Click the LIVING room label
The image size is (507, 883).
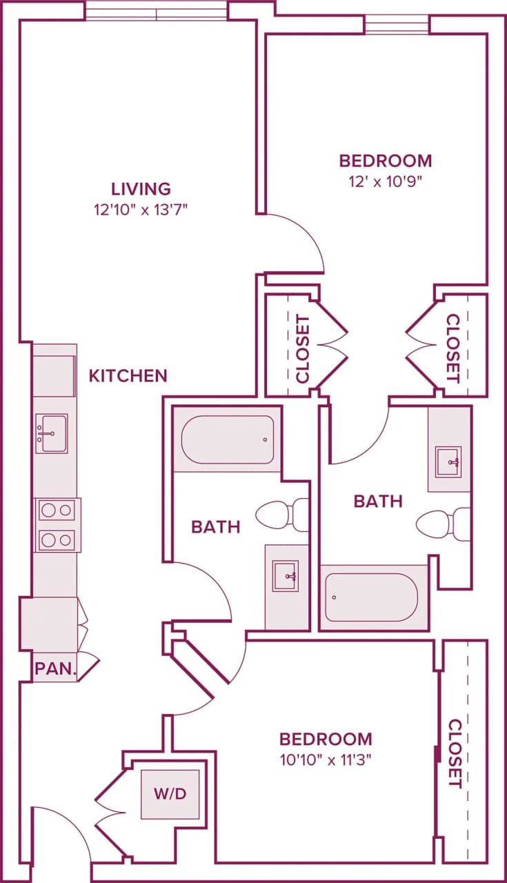point(141,188)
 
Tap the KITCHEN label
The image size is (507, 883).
point(128,375)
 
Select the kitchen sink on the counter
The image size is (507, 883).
point(52,433)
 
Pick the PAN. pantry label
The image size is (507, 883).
point(55,668)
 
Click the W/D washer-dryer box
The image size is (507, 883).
point(170,794)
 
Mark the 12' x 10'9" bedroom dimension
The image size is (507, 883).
point(385,182)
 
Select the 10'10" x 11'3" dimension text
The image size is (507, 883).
point(325,760)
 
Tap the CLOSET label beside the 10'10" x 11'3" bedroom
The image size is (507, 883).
point(455,753)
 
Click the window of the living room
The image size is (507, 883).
point(157,12)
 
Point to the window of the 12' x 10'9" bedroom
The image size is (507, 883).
point(397,25)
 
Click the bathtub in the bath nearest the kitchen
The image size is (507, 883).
point(227,439)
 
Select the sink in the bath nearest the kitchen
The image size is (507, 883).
point(286,576)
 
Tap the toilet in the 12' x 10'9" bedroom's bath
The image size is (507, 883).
point(444,524)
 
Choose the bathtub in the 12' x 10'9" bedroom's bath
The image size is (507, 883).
point(372,597)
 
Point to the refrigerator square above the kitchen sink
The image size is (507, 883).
point(54,376)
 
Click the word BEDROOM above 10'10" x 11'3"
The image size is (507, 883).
point(325,740)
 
